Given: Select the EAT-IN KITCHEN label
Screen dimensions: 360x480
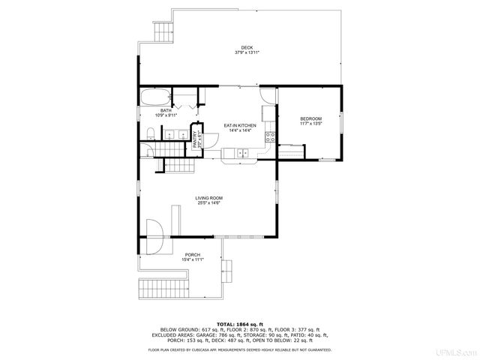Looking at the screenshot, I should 240,125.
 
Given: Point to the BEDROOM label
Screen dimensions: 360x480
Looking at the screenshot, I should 310,119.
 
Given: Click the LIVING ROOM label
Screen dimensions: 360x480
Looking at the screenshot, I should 209,198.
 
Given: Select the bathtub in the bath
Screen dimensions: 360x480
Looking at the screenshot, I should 154,97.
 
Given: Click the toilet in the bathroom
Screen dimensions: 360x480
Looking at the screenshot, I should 151,134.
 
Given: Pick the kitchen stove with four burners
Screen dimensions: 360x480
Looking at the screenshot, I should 270,139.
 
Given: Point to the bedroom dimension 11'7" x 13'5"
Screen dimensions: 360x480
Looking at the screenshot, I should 310,124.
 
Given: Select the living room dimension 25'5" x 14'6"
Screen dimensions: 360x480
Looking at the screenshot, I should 209,203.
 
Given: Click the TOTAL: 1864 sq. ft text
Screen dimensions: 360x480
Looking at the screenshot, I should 239,324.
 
